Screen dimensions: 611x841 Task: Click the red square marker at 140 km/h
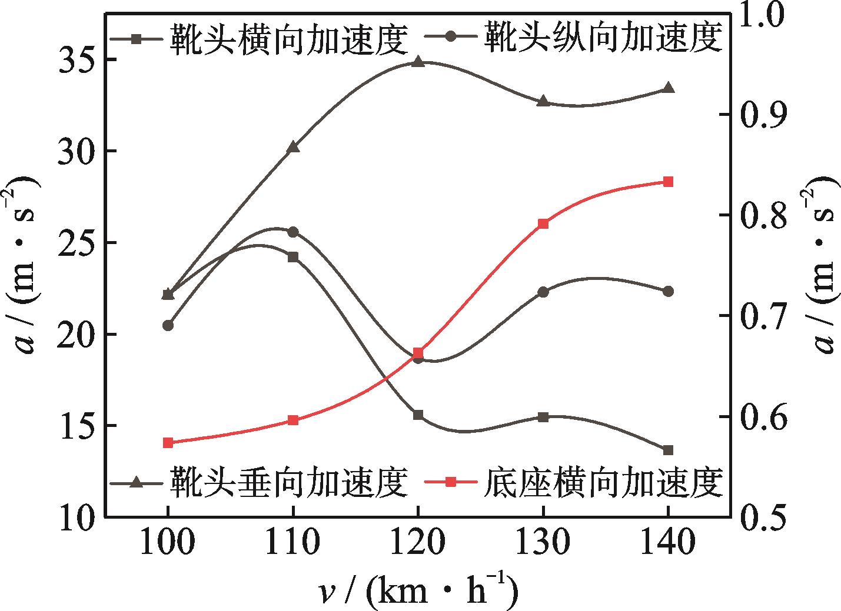click(x=668, y=182)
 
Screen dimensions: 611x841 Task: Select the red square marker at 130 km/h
click(x=543, y=223)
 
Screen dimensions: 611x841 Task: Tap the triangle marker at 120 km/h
click(x=418, y=62)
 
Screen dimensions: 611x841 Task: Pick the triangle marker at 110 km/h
click(x=293, y=147)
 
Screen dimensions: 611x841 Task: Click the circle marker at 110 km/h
click(x=293, y=232)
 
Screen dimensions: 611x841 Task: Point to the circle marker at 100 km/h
click(x=168, y=325)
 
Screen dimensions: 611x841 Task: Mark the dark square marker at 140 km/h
click(x=668, y=450)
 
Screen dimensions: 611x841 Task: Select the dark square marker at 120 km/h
click(x=418, y=415)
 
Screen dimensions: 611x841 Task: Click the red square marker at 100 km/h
click(x=168, y=443)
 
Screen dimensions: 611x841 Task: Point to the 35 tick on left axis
click(x=76, y=60)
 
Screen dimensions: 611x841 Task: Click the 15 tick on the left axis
click(x=76, y=426)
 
